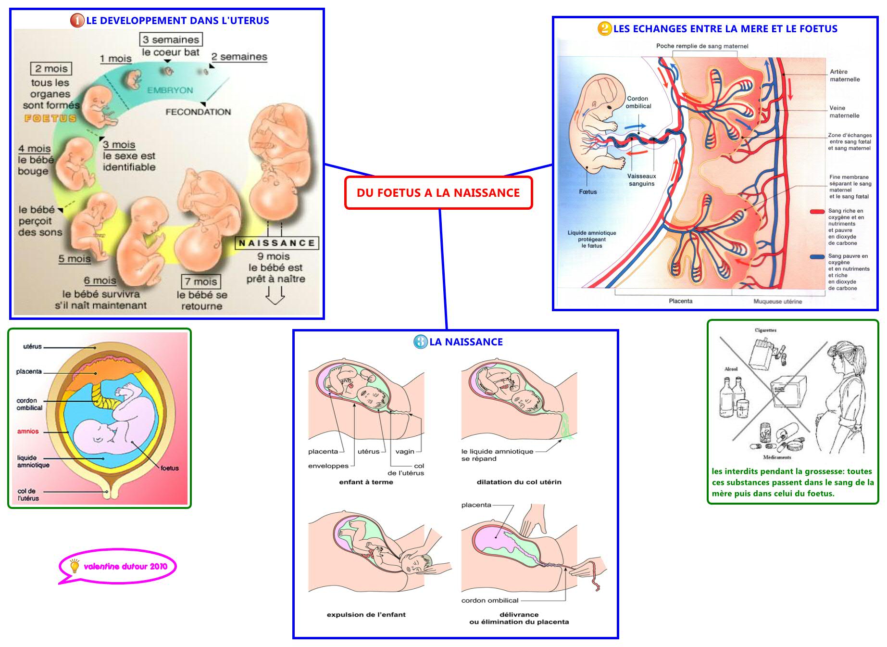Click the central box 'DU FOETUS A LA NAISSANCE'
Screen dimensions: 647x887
438,193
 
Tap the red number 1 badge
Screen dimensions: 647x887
77,20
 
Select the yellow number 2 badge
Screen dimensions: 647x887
604,28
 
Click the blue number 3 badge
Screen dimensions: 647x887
420,342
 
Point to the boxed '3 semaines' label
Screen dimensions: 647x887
171,39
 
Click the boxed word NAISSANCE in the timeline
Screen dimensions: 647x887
276,243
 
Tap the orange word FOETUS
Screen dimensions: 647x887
50,118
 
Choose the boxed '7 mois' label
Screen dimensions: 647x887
201,281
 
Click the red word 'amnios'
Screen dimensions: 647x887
28,431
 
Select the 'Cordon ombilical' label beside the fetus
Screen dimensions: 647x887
638,102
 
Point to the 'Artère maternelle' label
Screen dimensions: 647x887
844,76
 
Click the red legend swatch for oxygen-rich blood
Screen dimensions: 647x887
817,212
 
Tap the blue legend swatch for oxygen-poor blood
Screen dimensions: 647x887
817,257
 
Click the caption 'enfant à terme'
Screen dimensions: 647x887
366,482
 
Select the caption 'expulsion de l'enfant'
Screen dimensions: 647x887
366,615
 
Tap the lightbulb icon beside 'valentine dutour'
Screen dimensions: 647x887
75,566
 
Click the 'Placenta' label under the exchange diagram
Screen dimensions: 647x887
680,301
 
